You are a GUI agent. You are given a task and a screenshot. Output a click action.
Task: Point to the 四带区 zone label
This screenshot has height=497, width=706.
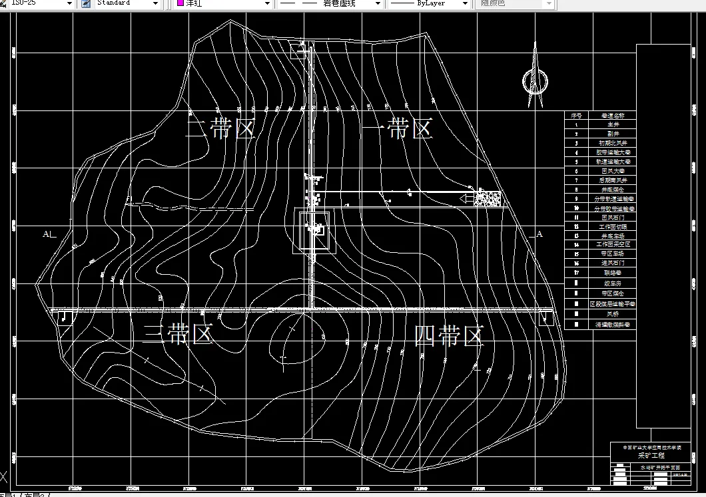(448, 335)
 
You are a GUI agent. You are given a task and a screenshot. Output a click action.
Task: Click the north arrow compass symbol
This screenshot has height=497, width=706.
(534, 77)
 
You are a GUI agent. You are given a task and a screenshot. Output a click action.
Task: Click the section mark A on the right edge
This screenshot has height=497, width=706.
(539, 234)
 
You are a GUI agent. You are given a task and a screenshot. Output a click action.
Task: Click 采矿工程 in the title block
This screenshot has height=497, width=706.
(651, 456)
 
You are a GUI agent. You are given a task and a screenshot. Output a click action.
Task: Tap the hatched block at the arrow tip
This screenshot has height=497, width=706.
(488, 198)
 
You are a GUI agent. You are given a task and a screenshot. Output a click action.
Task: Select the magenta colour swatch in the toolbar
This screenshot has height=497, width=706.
(180, 3)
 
